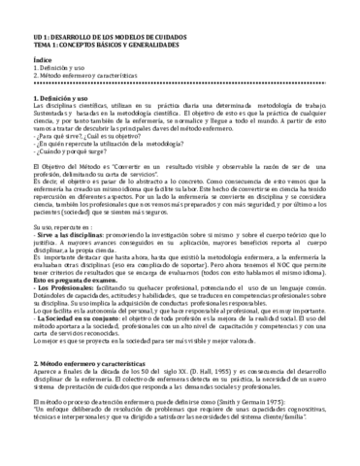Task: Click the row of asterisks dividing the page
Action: [x=180, y=77]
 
